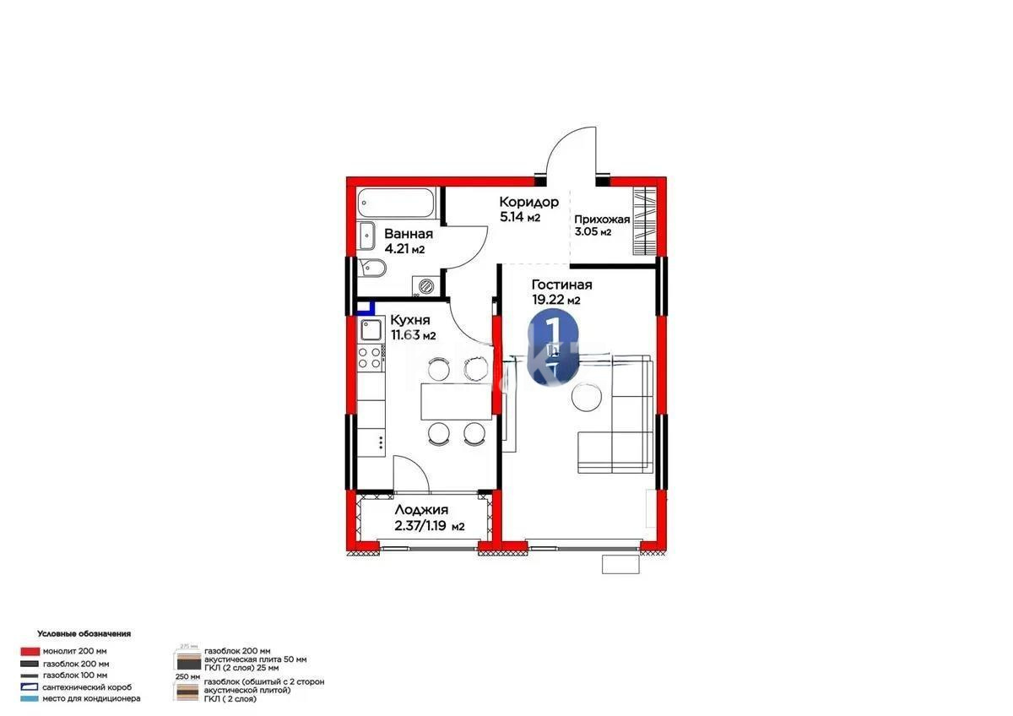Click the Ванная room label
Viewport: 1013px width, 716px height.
coord(409,234)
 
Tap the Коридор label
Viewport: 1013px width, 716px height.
coord(528,202)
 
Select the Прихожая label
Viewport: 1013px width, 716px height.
coord(603,220)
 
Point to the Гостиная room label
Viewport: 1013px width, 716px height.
coord(561,285)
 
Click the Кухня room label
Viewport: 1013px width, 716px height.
coord(410,321)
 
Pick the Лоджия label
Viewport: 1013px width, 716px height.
coord(421,511)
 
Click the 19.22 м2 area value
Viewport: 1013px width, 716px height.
coord(555,301)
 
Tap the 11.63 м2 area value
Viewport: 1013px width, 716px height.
coord(412,335)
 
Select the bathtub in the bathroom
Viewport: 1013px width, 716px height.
coord(395,202)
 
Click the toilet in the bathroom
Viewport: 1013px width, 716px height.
coord(371,269)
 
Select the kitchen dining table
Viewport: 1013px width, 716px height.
coord(455,401)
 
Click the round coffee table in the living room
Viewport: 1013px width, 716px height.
coord(587,397)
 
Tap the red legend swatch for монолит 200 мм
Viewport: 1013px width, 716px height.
coord(30,651)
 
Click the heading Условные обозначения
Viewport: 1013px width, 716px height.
coord(84,633)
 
